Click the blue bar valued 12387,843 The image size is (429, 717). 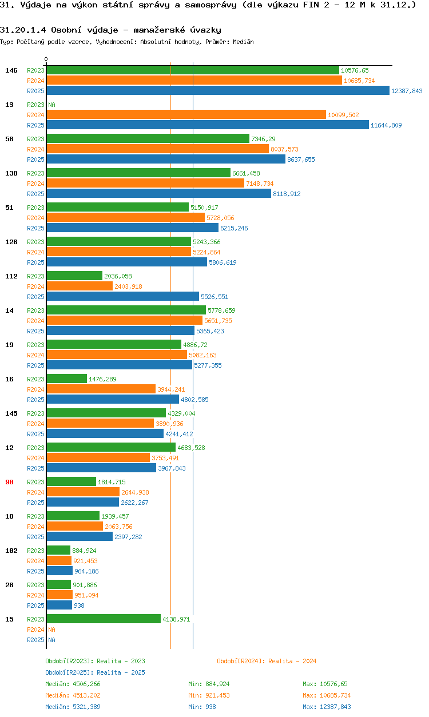click(217, 91)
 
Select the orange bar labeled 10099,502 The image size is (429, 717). click(186, 115)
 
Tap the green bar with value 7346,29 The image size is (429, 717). click(148, 139)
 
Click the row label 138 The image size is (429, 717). click(11, 173)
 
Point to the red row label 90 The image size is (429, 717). click(9, 482)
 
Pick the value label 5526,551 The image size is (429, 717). click(214, 297)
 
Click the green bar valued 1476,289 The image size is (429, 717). click(66, 379)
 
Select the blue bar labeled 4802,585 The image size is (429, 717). click(113, 400)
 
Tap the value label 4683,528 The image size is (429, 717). click(191, 448)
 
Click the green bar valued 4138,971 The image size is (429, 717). click(104, 619)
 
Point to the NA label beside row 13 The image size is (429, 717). click(51, 105)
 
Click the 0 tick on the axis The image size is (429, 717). click(46, 59)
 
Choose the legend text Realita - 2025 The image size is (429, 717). click(120, 672)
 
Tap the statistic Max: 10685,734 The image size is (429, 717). click(327, 695)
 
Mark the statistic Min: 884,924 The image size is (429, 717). click(209, 684)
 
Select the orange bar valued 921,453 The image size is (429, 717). click(59, 561)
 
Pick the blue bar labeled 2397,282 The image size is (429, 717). click(80, 537)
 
